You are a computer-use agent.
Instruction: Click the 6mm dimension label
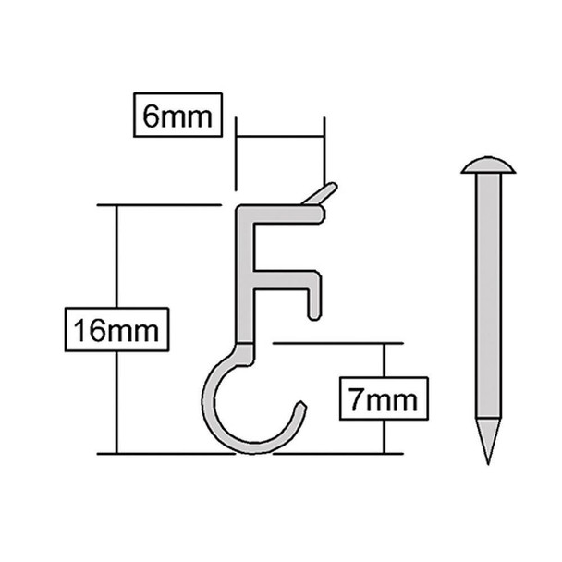point(178,116)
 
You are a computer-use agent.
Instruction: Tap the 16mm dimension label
point(117,330)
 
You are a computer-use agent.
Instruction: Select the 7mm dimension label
point(383,400)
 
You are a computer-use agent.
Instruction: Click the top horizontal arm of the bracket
point(287,213)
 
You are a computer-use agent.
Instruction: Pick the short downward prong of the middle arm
point(316,295)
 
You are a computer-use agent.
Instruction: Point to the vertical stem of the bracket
point(245,277)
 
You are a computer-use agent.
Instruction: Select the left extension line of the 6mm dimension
point(237,157)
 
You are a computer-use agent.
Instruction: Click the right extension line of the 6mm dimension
point(324,148)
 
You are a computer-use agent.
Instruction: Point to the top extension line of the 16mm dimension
point(157,205)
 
